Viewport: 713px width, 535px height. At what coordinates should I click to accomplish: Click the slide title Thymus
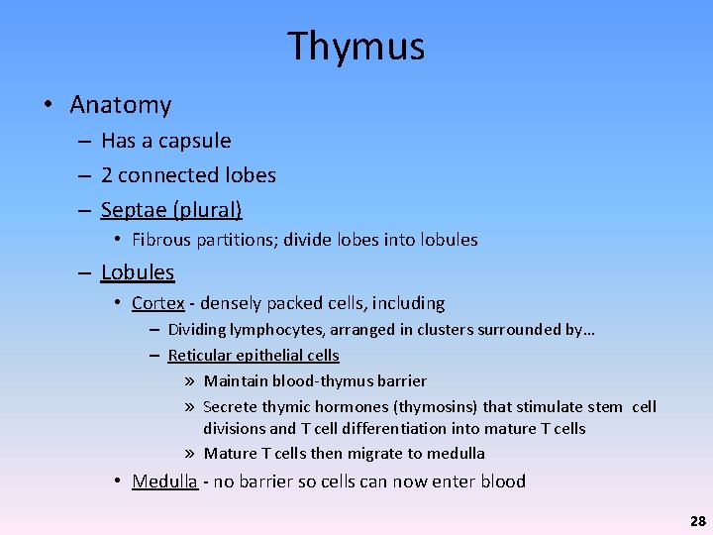click(356, 47)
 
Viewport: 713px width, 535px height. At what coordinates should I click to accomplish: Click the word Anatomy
click(121, 105)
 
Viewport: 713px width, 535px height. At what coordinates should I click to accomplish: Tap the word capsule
click(193, 141)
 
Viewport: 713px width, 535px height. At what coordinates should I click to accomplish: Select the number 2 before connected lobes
click(107, 175)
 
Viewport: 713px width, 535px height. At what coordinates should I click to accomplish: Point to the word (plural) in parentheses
click(210, 210)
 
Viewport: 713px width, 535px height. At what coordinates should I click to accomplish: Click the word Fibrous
click(161, 240)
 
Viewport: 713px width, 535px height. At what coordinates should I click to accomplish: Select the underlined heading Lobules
click(138, 272)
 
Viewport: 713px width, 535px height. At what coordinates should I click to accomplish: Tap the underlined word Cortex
click(157, 303)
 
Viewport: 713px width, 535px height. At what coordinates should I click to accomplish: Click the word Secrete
click(230, 407)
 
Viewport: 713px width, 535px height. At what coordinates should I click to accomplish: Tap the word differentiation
click(387, 429)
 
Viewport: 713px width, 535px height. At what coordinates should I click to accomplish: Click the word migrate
click(375, 454)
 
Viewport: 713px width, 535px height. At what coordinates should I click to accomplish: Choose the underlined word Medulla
click(164, 481)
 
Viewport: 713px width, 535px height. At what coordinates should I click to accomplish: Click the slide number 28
click(697, 520)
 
